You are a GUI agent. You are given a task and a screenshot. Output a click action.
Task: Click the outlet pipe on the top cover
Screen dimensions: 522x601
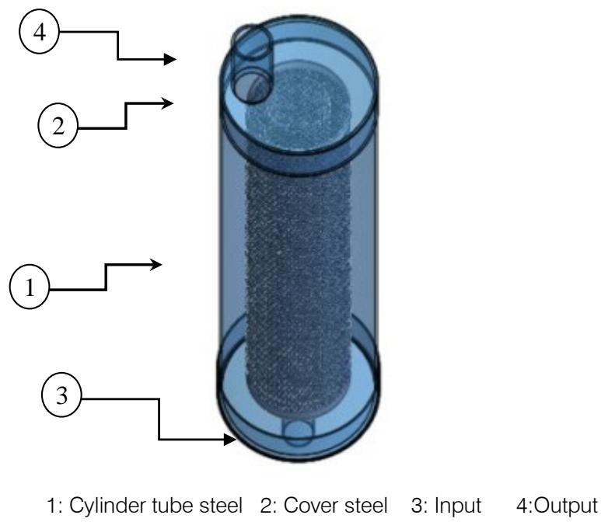(252, 62)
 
